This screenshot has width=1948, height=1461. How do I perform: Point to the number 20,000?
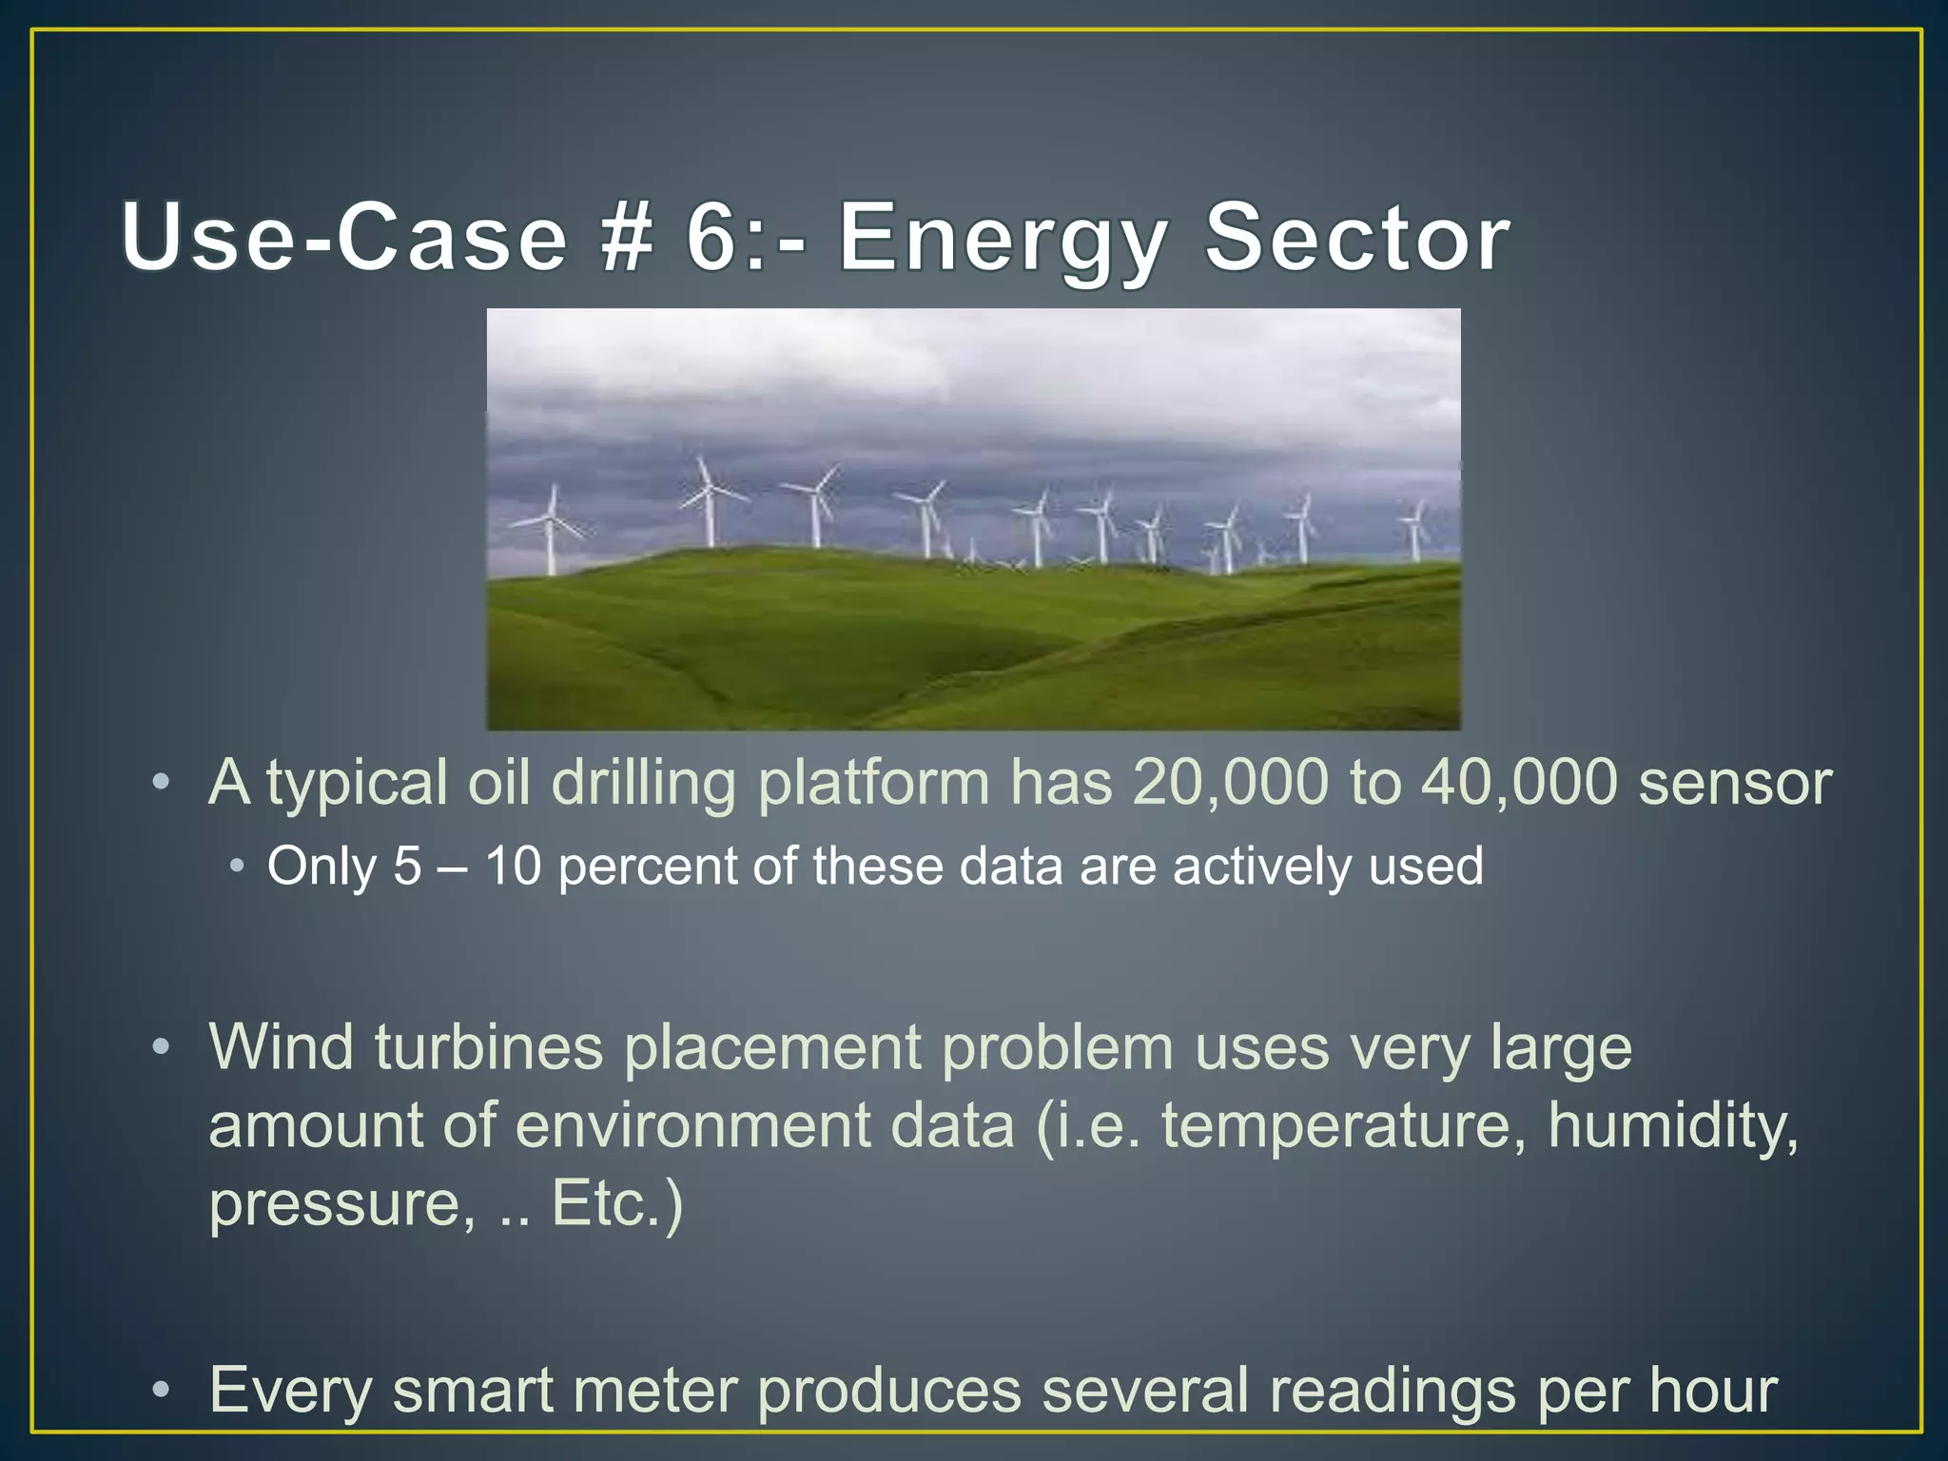1230,783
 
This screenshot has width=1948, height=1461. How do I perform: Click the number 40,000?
1519,783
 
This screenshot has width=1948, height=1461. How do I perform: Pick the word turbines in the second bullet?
488,1047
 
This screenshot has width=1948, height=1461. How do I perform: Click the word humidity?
1672,1125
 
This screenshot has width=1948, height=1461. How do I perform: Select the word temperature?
1336,1125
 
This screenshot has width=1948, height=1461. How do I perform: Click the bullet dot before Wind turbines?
162,1048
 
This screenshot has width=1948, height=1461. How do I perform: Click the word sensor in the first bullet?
1734,783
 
